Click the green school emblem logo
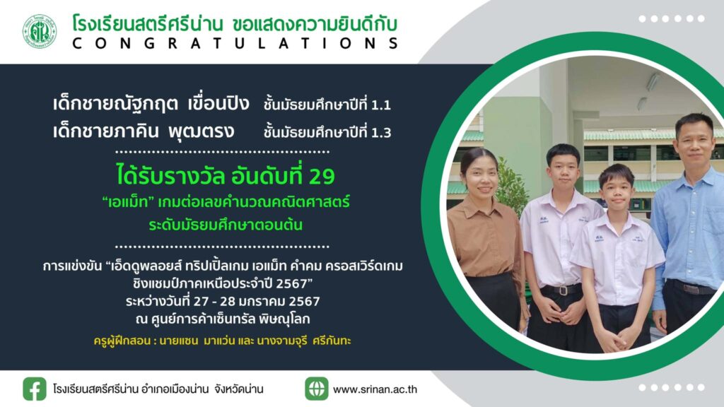pyautogui.click(x=40, y=31)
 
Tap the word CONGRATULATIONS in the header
pyautogui.click(x=235, y=43)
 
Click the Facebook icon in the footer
pyautogui.click(x=35, y=389)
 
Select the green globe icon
pyautogui.click(x=317, y=389)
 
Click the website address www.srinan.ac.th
pyautogui.click(x=375, y=389)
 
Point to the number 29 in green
pyautogui.click(x=322, y=176)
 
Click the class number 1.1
pyautogui.click(x=381, y=105)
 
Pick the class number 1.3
pyautogui.click(x=381, y=133)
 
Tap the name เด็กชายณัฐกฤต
pyautogui.click(x=115, y=103)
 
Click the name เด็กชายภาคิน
pyautogui.click(x=106, y=131)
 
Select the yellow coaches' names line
pyautogui.click(x=222, y=341)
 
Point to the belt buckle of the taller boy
pyautogui.click(x=562, y=290)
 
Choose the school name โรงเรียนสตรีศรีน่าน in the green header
pyautogui.click(x=148, y=23)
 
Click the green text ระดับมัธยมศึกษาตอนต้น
pyautogui.click(x=226, y=225)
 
